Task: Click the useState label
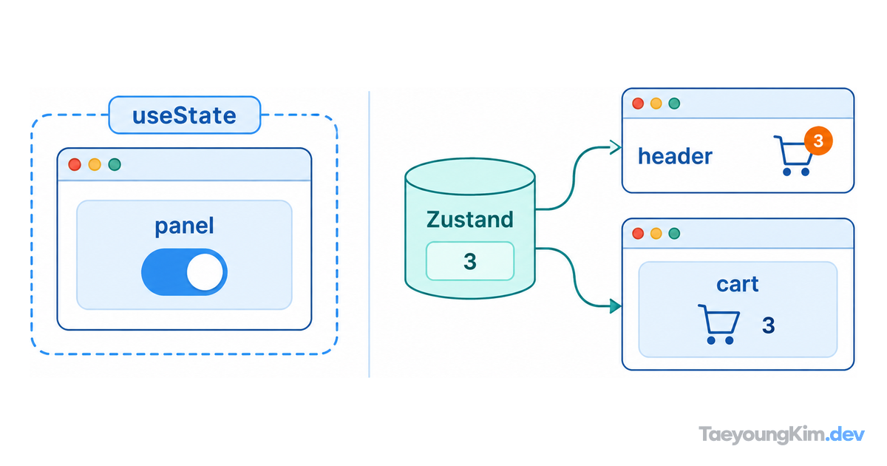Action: (184, 115)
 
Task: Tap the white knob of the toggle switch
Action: (205, 272)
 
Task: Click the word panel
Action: (184, 226)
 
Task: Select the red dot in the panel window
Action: (75, 164)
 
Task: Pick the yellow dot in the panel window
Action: (95, 164)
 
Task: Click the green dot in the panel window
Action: (115, 164)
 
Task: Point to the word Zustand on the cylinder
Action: (469, 220)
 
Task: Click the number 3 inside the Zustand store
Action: (470, 262)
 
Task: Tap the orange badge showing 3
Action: (818, 141)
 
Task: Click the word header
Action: (675, 156)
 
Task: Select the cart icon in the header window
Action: (794, 156)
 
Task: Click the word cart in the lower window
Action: (738, 284)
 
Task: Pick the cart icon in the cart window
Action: (718, 324)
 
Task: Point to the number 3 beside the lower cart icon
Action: (768, 325)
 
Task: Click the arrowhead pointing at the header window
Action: (615, 147)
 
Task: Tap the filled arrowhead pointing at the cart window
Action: (615, 306)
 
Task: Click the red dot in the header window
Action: (638, 104)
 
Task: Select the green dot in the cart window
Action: (674, 234)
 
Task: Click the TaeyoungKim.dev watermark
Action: (781, 435)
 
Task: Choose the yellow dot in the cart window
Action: (656, 234)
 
